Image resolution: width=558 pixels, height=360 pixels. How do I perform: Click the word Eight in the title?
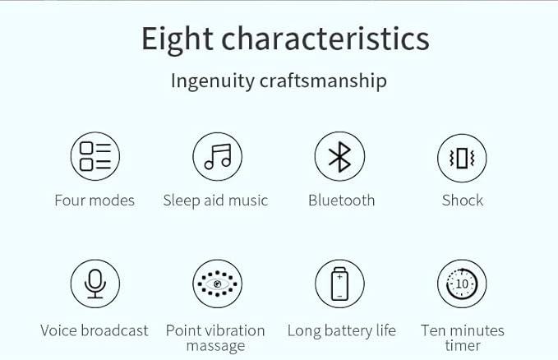178,40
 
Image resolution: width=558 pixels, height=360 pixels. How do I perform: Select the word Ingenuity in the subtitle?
213,81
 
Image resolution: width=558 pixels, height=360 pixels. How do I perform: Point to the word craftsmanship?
323,81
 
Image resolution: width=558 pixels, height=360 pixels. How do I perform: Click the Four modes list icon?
95,156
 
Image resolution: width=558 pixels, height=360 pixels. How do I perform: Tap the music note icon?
218,156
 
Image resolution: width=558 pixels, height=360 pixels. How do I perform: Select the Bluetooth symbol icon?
340,156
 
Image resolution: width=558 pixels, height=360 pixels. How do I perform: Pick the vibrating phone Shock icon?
462,158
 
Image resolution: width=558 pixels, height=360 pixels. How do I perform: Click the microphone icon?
95,284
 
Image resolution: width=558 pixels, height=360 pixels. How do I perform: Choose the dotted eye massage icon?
218,284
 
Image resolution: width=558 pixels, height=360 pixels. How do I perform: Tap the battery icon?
340,284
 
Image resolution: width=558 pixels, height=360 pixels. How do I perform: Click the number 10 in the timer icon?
462,284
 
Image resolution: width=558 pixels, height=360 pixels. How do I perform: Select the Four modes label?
95,201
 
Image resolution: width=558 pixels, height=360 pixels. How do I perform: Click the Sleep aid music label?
215,201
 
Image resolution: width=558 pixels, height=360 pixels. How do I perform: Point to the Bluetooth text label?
342,201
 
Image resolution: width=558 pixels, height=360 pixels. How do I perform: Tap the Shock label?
463,201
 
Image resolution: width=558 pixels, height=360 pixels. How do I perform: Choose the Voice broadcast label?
95,330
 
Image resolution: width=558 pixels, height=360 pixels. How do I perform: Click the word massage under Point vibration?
215,346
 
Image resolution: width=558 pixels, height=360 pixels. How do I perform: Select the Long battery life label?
342,330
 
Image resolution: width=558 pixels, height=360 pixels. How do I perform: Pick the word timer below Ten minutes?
463,346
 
